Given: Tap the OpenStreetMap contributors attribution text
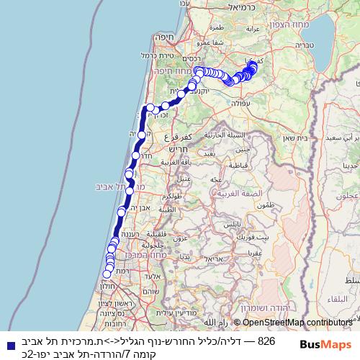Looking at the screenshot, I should (297, 323).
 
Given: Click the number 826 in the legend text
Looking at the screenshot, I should (266, 341).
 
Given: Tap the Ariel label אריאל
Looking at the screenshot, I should (216, 258).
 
